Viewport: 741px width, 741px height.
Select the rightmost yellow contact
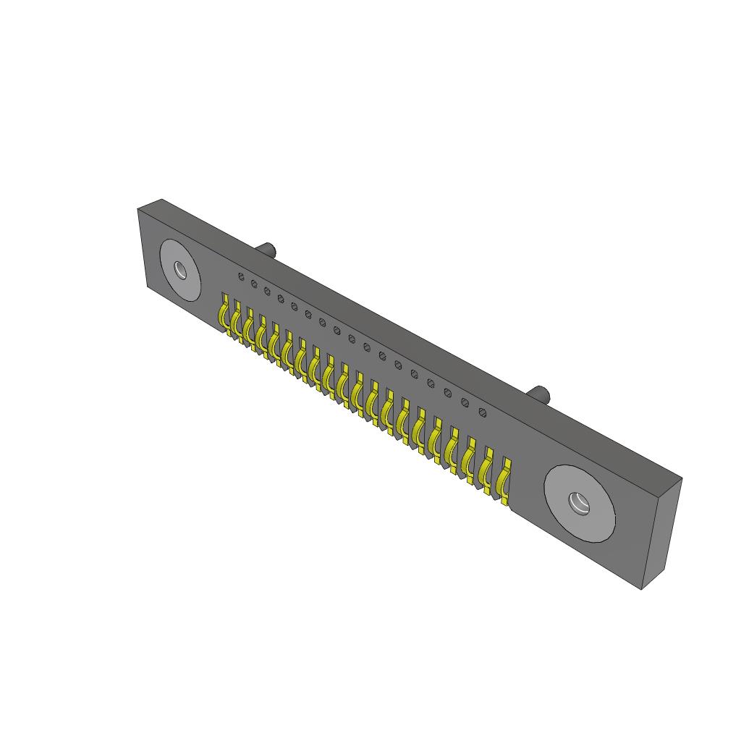(x=503, y=478)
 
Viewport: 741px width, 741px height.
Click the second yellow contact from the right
(x=486, y=467)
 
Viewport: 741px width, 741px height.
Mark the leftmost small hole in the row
(x=241, y=276)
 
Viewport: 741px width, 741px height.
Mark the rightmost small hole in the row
(x=483, y=413)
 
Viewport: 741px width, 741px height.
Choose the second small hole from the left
(x=254, y=284)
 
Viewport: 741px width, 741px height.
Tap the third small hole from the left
(x=267, y=291)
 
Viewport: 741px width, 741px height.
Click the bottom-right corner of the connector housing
(x=643, y=588)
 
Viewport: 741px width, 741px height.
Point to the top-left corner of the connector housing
(x=139, y=208)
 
